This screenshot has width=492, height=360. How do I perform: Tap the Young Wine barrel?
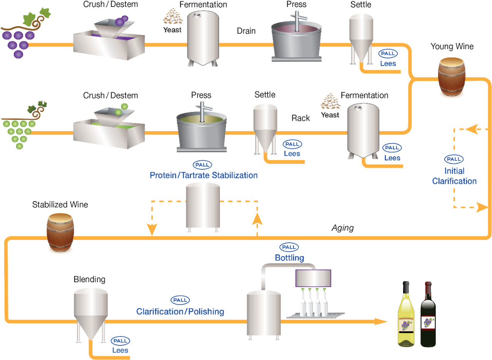pos(452,77)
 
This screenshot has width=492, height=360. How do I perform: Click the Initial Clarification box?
pos(455,170)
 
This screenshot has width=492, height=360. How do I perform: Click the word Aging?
pos(343,228)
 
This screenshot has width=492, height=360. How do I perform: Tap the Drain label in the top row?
pos(246,31)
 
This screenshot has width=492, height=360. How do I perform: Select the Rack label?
pos(300,118)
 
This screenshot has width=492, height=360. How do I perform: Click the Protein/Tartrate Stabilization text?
pos(204,175)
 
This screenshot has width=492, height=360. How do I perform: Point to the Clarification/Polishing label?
pos(180,311)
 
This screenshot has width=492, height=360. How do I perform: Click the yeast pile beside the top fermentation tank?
pos(173,17)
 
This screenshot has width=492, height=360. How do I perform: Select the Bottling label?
pos(289,258)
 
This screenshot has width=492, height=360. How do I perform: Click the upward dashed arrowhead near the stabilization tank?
pos(257,218)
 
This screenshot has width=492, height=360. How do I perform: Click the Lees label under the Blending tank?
pos(120,350)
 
